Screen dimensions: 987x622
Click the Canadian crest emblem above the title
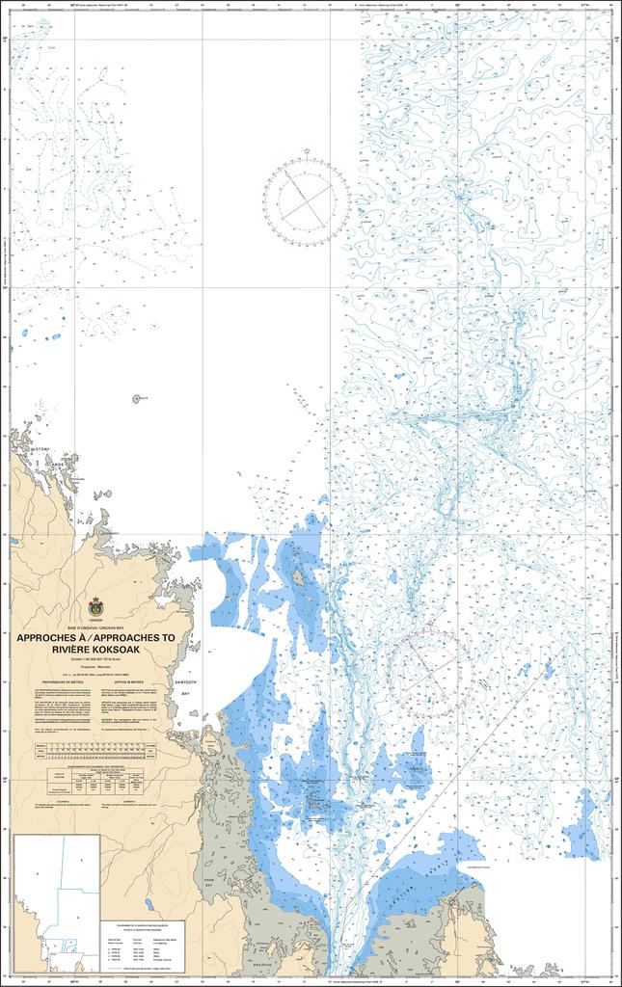pos(96,609)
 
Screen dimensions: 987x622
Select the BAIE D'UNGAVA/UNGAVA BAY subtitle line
pos(96,627)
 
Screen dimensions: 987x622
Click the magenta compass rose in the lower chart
pos(431,670)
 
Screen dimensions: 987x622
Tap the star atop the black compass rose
pos(307,152)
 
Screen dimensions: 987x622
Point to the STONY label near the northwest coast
pos(41,449)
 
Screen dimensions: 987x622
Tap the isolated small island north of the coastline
pos(137,398)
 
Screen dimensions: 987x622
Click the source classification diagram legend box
pos(142,946)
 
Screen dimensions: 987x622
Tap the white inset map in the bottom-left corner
pos(56,902)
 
